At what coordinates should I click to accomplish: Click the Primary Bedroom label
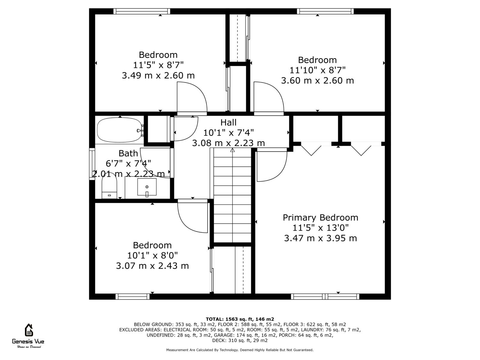(320, 218)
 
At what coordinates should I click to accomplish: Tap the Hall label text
(228, 122)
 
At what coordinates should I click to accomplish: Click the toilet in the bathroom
(109, 186)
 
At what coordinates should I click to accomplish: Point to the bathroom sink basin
(147, 187)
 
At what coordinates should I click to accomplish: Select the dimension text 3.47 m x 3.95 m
(320, 238)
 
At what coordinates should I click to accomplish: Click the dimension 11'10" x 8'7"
(317, 70)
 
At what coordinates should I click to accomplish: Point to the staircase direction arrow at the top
(232, 150)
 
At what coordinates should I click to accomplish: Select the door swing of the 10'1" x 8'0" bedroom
(192, 216)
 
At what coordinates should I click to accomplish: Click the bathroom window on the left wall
(92, 164)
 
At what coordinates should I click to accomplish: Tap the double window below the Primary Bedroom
(325, 297)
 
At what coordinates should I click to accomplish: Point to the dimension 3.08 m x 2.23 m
(228, 143)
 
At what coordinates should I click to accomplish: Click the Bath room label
(128, 153)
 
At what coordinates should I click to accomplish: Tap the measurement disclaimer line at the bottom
(240, 350)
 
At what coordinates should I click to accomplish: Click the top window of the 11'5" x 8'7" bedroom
(142, 11)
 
